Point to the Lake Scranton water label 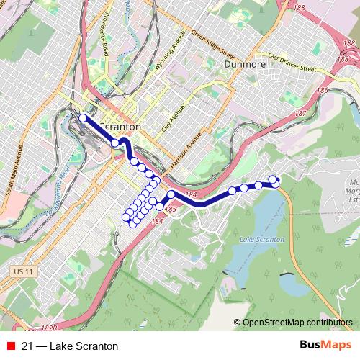click(x=262, y=238)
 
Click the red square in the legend click(x=9, y=346)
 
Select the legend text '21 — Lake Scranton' click(x=70, y=346)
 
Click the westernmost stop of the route click(x=82, y=118)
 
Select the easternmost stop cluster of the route click(x=274, y=181)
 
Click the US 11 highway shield click(x=23, y=271)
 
